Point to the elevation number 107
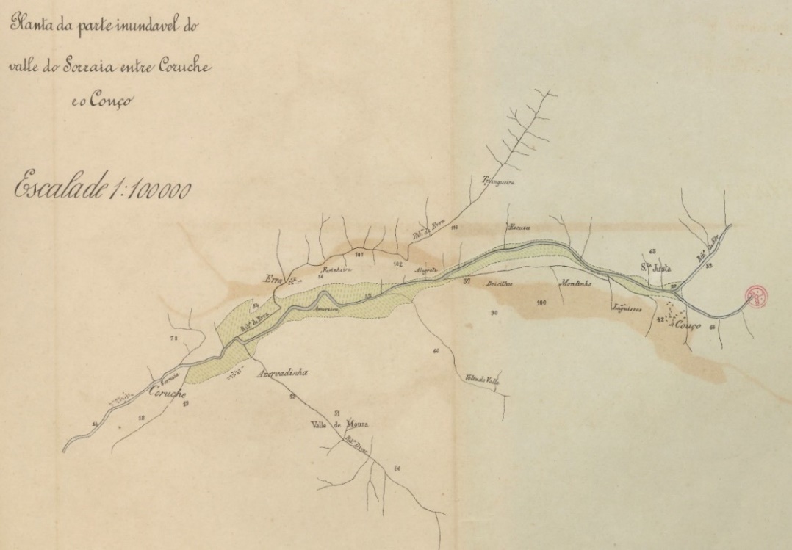(359, 255)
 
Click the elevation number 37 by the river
(467, 281)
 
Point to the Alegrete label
(427, 271)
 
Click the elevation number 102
(398, 263)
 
